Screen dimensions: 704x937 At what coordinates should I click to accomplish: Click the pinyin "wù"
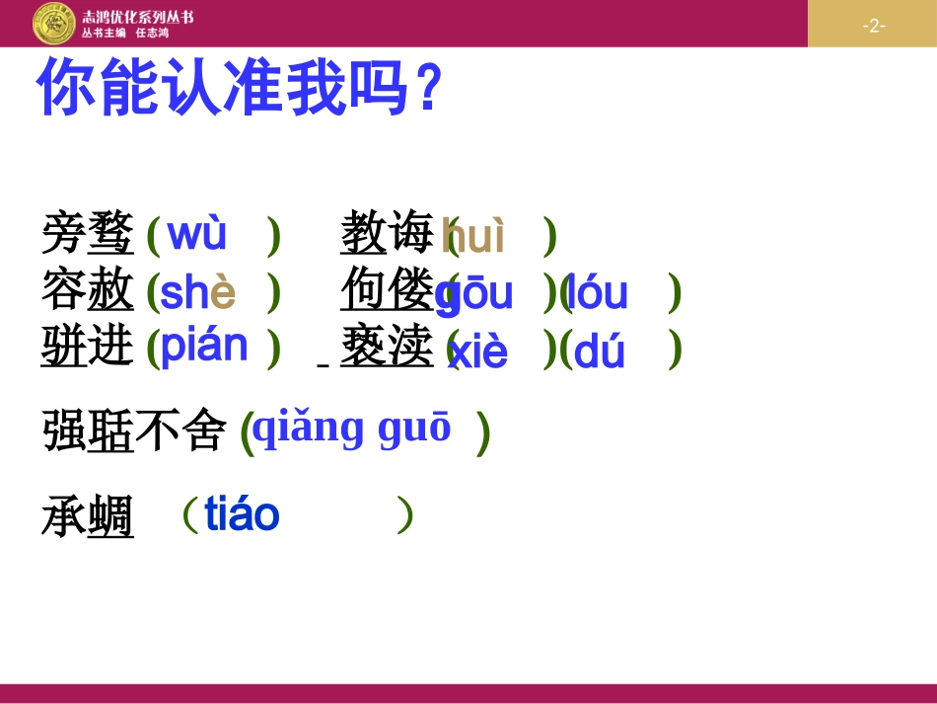197,234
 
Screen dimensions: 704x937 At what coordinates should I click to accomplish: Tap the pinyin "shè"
197,292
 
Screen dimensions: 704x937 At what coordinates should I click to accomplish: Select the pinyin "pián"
204,346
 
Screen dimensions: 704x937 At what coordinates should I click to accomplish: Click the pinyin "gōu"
475,294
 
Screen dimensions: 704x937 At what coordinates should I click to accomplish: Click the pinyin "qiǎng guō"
352,428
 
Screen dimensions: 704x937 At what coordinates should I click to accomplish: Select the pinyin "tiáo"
242,514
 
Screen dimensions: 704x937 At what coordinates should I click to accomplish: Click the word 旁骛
88,235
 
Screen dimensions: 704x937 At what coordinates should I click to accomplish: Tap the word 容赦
88,291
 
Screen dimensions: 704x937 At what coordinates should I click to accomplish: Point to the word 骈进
88,347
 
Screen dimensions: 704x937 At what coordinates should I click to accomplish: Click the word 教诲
387,235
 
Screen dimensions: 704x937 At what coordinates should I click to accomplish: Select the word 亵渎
387,347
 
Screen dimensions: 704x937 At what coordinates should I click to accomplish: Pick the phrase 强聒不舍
134,431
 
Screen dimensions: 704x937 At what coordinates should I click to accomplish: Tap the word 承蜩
88,517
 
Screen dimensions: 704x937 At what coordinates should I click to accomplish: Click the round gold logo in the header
53,24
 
